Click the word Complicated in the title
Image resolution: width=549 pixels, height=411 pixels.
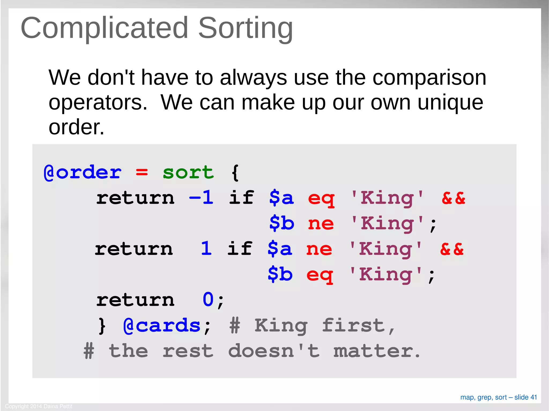105,28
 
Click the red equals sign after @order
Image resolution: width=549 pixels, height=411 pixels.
142,172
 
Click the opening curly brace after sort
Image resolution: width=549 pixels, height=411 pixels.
235,173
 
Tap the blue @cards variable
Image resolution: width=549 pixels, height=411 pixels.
162,326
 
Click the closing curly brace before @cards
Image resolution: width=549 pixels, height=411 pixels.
102,326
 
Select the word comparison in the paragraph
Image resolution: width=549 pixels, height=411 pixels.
429,78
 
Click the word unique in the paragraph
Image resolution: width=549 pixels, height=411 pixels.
450,103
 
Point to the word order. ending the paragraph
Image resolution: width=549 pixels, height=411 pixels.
76,127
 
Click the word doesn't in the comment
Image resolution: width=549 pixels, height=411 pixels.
274,351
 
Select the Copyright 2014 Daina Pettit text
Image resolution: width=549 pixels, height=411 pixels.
39,406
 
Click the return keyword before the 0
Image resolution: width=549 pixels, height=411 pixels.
135,300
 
